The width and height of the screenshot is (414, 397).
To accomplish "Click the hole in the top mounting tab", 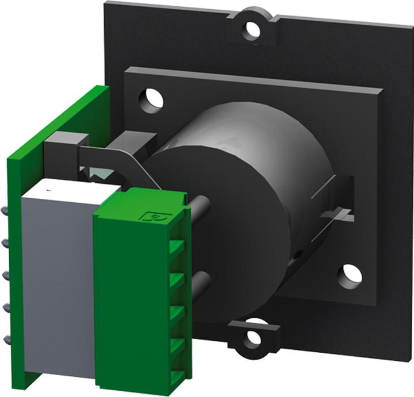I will click(x=251, y=27).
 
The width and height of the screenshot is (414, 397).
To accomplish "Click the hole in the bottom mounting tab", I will click(x=253, y=338).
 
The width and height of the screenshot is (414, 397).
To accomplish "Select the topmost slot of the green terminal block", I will click(x=176, y=248).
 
